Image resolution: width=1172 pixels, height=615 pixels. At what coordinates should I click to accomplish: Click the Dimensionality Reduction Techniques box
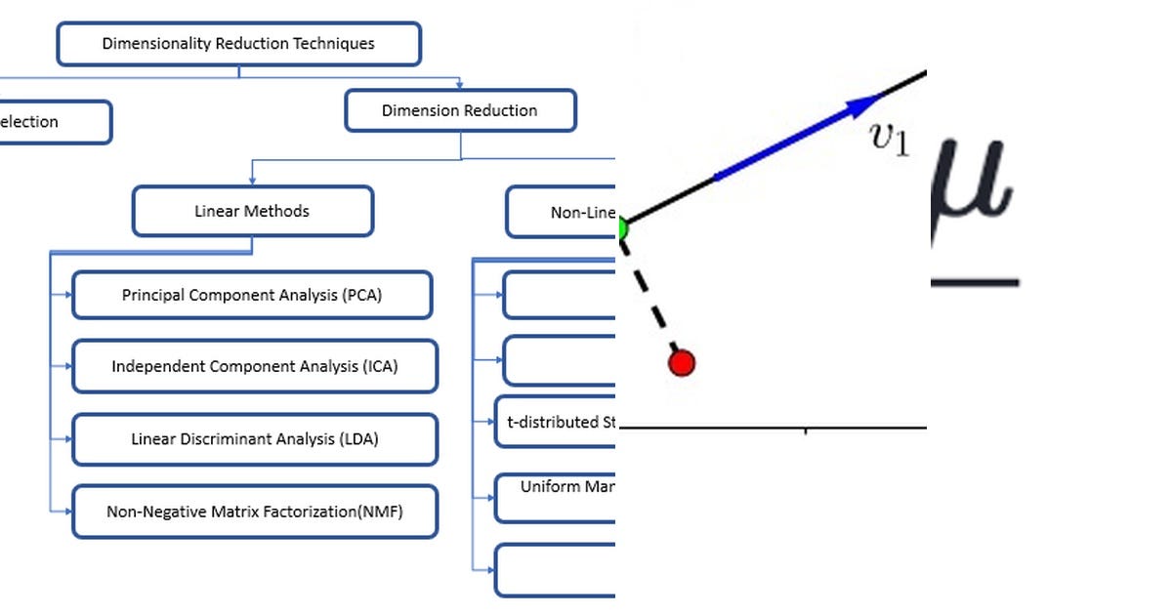click(238, 44)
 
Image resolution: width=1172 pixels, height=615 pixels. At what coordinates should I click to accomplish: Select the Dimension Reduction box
click(460, 111)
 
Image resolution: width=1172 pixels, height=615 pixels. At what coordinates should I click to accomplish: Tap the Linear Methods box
click(252, 211)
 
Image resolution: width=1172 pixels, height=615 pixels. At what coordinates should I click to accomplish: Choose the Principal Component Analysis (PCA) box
click(252, 295)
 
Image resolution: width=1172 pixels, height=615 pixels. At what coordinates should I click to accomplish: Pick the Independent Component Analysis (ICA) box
click(255, 367)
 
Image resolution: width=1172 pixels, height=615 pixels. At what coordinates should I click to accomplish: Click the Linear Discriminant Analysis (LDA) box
click(255, 439)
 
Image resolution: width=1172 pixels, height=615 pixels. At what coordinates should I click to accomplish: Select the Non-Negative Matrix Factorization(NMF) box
click(255, 512)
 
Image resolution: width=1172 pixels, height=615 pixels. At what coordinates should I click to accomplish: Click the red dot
click(681, 363)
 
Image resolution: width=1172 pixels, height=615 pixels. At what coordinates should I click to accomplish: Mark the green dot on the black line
click(620, 229)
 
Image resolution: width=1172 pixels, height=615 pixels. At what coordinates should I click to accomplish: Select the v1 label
click(890, 141)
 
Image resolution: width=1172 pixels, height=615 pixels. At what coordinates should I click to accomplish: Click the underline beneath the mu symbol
click(974, 282)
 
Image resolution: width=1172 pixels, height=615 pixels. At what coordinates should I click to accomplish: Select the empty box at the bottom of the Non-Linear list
click(555, 570)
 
